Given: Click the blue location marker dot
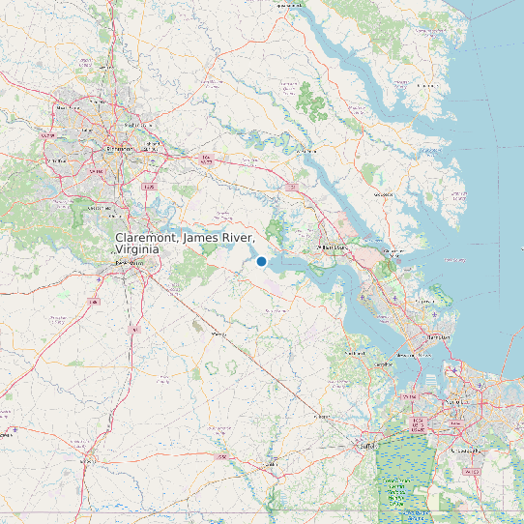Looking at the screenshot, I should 261,261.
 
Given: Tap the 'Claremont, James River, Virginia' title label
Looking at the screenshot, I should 185,244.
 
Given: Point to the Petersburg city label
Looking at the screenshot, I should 125,262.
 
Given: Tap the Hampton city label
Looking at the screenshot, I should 438,336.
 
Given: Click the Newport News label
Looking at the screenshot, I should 413,355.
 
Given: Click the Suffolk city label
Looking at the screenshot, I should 366,446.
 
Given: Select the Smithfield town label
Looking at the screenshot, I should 355,353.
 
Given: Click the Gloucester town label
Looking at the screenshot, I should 384,194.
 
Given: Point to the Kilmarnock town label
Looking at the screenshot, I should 426,84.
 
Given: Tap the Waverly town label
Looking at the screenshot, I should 218,334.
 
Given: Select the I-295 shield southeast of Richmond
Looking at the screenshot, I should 148,187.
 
